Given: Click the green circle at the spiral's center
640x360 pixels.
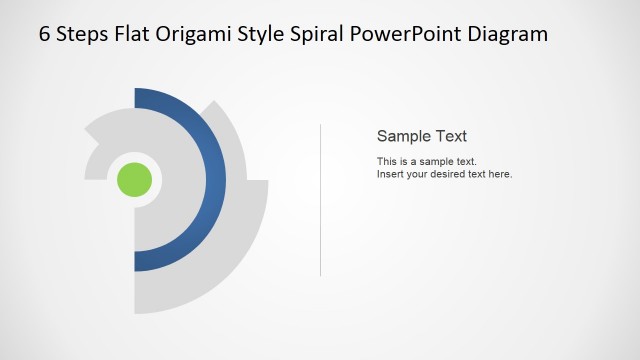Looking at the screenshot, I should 135,180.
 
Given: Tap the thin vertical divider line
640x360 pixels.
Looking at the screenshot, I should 320,200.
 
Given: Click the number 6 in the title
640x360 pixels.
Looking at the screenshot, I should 45,34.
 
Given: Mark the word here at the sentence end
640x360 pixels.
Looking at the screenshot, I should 500,174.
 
